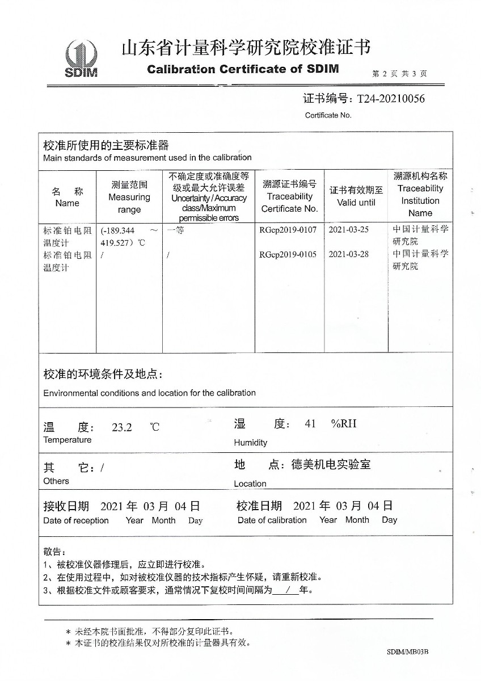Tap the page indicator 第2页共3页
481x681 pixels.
click(399, 74)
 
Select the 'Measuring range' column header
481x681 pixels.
click(129, 197)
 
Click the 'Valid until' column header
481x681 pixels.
click(356, 196)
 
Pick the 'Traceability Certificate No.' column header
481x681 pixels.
click(289, 196)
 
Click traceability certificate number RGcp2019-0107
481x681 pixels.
click(288, 230)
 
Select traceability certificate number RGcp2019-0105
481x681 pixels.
click(288, 254)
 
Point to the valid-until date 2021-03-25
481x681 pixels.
click(349, 230)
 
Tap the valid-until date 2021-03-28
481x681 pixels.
click(349, 254)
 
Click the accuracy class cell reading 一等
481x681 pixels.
click(176, 230)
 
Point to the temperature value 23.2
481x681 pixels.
click(121, 427)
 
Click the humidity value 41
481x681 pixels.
click(310, 424)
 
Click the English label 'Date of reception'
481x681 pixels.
click(76, 520)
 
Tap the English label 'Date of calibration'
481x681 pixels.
click(272, 520)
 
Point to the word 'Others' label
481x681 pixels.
click(56, 481)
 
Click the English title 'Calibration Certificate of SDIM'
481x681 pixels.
click(243, 69)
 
